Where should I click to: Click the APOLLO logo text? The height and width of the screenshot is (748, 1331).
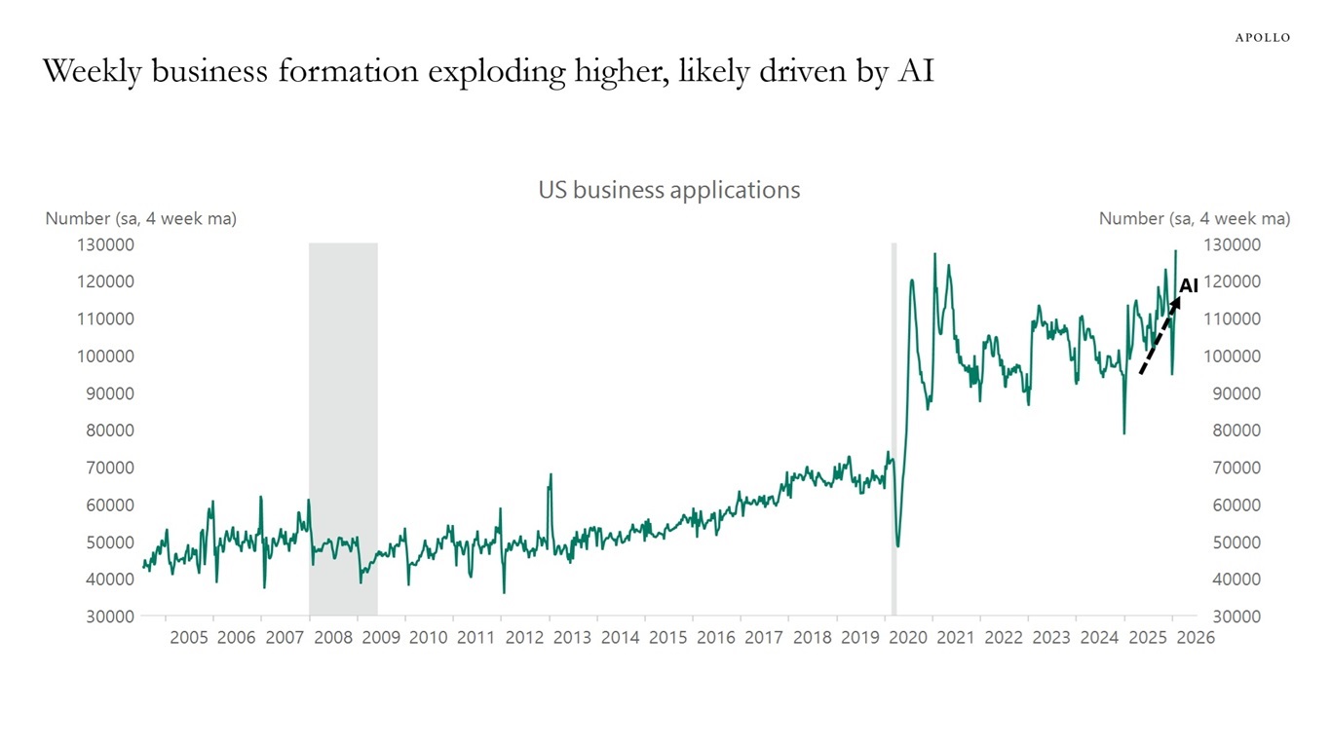[1262, 37]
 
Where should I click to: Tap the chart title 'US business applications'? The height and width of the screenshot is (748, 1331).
[668, 190]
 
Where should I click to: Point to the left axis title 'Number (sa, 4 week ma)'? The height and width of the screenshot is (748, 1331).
[140, 219]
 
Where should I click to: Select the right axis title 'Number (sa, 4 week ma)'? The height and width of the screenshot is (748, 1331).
[1194, 219]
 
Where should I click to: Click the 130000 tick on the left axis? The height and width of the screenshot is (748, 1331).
[106, 244]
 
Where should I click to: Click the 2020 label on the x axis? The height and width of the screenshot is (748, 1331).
[907, 638]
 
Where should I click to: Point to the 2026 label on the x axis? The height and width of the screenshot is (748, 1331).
[1195, 638]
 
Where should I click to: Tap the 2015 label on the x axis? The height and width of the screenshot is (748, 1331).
[667, 638]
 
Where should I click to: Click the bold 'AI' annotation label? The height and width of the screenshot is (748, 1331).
[1188, 286]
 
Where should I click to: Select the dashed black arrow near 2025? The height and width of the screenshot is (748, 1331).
[1159, 337]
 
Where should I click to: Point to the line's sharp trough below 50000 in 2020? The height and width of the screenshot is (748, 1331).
[897, 543]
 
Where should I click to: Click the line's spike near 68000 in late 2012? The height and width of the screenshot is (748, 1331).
[551, 476]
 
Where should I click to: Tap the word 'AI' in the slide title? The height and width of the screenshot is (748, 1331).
[915, 71]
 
